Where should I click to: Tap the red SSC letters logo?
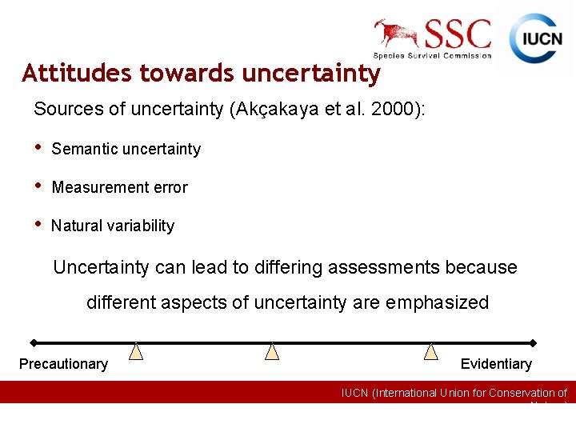pyautogui.click(x=458, y=34)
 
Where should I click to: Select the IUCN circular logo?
pyautogui.click(x=535, y=38)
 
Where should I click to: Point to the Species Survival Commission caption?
pyautogui.click(x=433, y=55)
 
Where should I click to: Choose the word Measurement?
pyautogui.click(x=94, y=187)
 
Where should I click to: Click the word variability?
pyautogui.click(x=138, y=226)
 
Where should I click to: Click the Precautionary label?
pyautogui.click(x=63, y=364)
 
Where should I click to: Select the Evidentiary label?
pyautogui.click(x=496, y=364)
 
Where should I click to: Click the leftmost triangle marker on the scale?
pyautogui.click(x=137, y=352)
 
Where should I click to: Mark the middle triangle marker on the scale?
pyautogui.click(x=272, y=352)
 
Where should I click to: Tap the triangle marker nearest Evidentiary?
pyautogui.click(x=431, y=352)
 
